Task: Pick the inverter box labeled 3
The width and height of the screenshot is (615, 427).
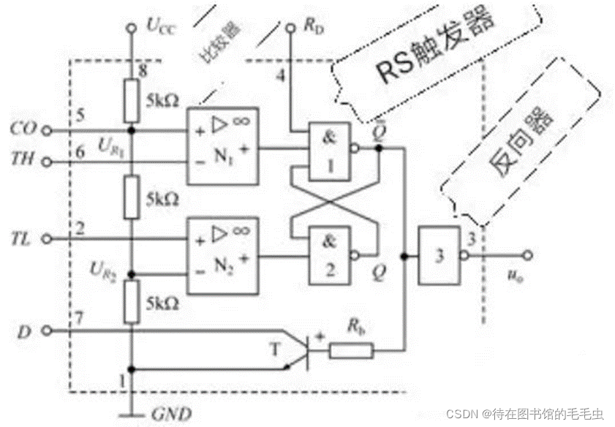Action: (437, 255)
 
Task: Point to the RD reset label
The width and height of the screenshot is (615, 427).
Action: (314, 27)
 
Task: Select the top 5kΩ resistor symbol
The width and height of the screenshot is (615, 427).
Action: (131, 102)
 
